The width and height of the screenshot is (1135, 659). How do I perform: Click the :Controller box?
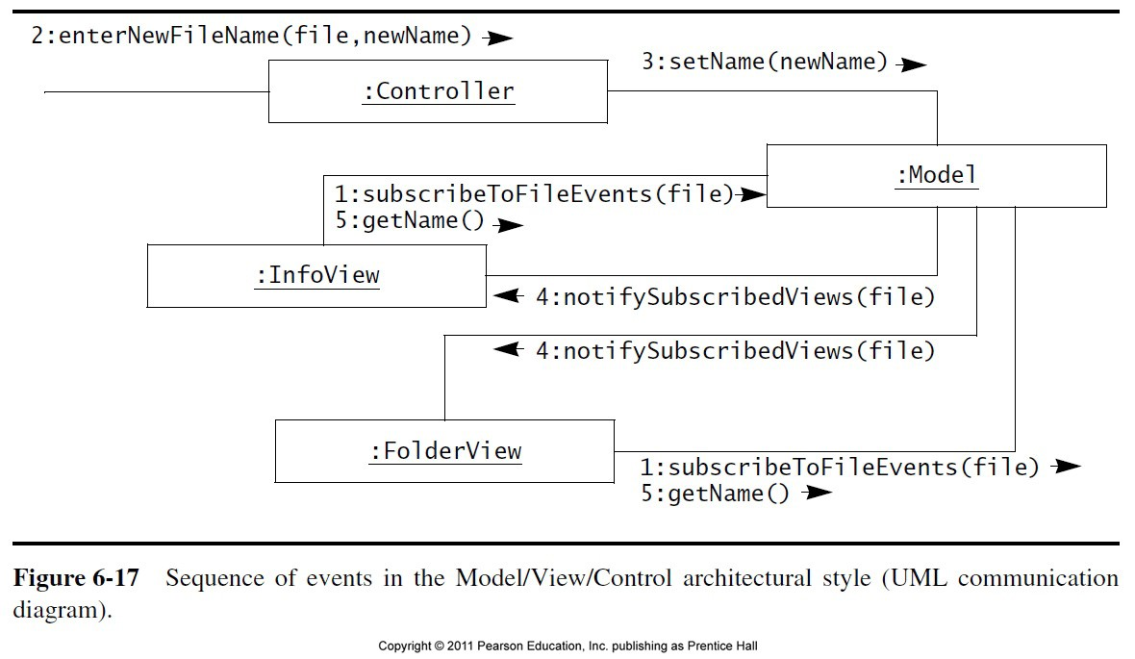pos(438,91)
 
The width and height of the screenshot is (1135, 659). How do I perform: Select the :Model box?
pos(936,175)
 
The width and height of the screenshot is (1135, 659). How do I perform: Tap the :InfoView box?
pos(316,275)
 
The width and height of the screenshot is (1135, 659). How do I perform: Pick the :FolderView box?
pos(444,450)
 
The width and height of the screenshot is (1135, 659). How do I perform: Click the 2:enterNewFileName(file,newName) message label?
pos(252,37)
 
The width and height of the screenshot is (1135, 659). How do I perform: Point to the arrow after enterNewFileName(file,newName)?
pos(498,38)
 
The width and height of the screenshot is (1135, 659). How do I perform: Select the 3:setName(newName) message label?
pos(765,63)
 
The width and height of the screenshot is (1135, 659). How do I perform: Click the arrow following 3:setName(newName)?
pos(910,64)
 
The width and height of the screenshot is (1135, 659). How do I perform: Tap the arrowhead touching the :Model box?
pos(752,195)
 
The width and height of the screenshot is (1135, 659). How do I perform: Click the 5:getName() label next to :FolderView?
pos(715,494)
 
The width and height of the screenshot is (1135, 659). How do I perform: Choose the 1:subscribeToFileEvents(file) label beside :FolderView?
pos(840,468)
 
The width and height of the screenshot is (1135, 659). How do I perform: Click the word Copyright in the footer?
pos(404,646)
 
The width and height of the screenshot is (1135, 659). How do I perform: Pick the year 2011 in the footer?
pos(461,646)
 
